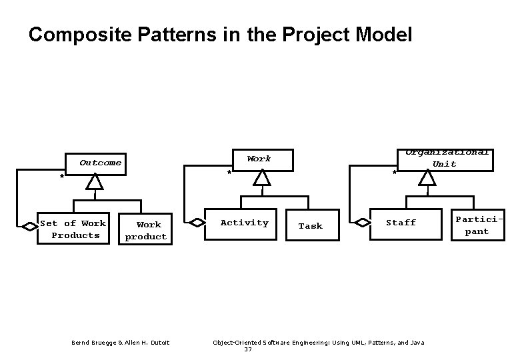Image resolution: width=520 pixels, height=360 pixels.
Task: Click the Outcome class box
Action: [97, 163]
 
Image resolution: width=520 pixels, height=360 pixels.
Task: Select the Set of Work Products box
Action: [73, 229]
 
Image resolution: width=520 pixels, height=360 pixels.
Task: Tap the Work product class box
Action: [146, 231]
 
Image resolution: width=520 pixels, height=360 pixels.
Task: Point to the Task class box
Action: [310, 226]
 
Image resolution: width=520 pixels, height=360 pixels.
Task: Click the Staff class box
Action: [401, 223]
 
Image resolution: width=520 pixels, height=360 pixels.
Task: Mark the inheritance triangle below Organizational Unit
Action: [427, 177]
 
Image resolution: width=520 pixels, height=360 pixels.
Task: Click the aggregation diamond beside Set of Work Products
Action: [30, 227]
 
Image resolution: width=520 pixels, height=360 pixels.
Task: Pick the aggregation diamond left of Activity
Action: [198, 223]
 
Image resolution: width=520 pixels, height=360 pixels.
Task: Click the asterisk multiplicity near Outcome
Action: [61, 177]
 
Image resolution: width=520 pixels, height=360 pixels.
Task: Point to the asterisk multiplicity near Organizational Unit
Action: [395, 174]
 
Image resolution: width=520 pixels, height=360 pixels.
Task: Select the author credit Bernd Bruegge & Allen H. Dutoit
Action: [121, 343]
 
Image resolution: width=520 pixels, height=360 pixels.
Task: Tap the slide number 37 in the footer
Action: [248, 349]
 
